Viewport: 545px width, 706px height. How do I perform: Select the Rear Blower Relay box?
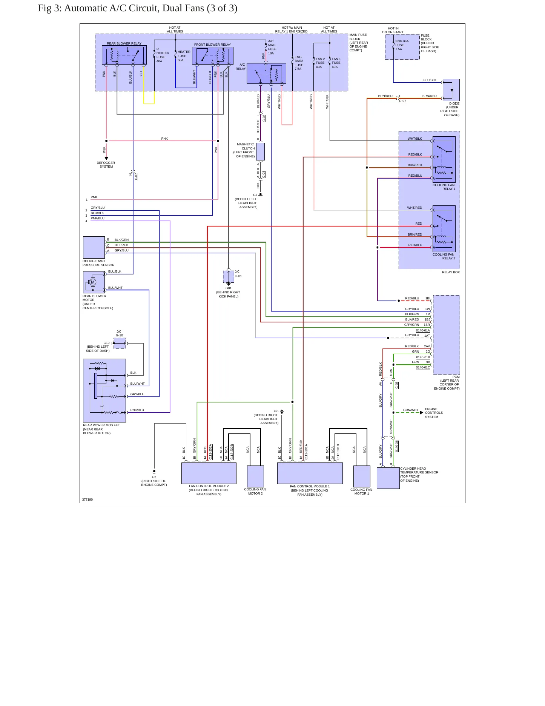(124, 55)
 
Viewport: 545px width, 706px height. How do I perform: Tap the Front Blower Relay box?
(213, 56)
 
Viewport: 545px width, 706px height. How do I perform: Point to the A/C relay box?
(266, 73)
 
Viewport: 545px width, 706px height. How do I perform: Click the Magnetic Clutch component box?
(260, 151)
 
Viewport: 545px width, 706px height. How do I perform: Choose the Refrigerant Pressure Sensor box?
(94, 248)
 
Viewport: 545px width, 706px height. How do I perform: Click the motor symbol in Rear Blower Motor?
(93, 282)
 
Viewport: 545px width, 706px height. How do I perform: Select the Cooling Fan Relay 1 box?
(444, 159)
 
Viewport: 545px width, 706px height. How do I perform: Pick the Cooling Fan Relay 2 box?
(444, 229)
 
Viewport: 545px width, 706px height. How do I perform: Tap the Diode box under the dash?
(451, 90)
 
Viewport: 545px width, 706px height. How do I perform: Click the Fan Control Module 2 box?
(209, 473)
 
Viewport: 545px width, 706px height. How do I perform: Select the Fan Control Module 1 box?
(310, 473)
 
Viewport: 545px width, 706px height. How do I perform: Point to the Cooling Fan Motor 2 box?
(255, 476)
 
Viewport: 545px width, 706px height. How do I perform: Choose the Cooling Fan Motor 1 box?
(362, 476)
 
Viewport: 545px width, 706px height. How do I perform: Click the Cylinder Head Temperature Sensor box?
(388, 478)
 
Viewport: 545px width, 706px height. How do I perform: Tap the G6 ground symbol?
(154, 472)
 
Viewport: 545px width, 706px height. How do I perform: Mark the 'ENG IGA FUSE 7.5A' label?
(402, 45)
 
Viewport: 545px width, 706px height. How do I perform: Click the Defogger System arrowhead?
(106, 159)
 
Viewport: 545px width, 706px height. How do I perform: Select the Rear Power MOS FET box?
(104, 390)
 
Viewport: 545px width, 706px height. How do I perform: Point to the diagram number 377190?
(88, 499)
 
